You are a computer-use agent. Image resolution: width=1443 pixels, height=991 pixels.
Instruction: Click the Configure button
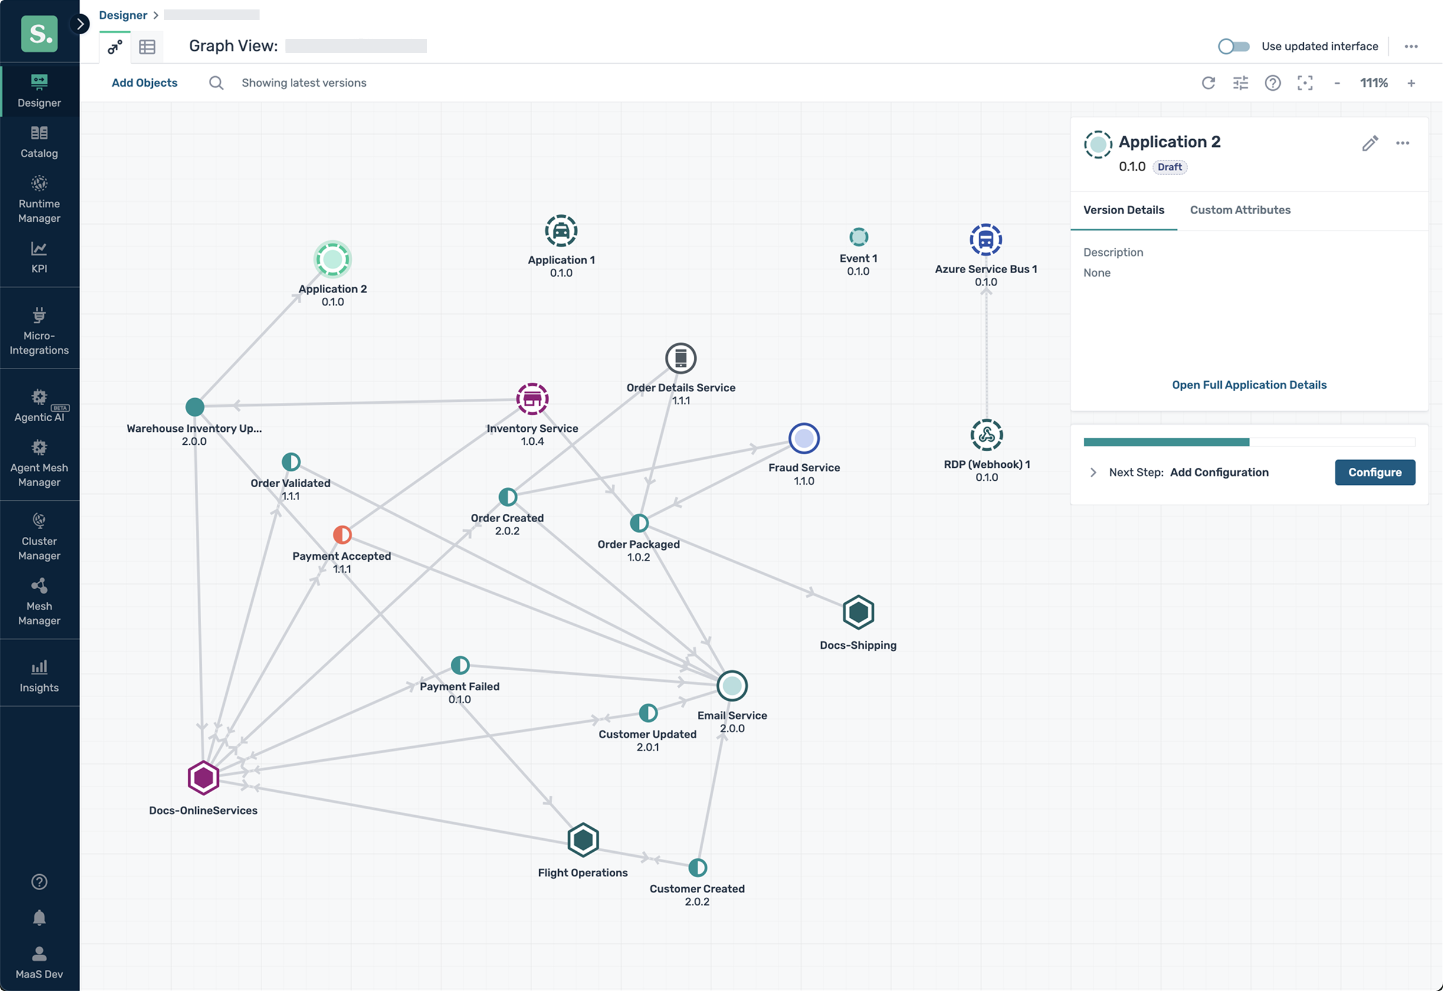coord(1374,472)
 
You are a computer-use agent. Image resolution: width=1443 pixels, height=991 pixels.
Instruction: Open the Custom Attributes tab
coord(1240,210)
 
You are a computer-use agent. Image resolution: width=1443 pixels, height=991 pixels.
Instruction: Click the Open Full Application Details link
coord(1249,385)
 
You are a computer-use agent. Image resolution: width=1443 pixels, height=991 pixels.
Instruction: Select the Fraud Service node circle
coord(804,438)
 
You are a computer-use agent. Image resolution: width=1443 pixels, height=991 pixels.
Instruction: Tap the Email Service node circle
coord(732,685)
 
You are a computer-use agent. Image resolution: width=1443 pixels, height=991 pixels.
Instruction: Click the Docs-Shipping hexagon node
coord(858,612)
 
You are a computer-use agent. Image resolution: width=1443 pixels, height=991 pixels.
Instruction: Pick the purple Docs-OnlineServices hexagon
coord(203,777)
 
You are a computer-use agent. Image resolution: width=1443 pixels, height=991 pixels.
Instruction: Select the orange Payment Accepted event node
coord(342,534)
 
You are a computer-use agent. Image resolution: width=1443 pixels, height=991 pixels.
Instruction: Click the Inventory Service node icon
coord(532,399)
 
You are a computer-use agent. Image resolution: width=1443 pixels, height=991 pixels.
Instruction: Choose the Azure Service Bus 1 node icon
coord(985,239)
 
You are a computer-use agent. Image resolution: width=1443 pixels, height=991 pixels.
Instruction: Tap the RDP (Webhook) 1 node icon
coord(986,435)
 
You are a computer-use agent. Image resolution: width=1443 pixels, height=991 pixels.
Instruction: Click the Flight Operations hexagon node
coord(582,839)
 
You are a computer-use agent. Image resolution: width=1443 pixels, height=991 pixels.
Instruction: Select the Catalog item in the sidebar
coord(39,142)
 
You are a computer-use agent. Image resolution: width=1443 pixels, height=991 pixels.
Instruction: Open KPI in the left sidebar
coord(39,257)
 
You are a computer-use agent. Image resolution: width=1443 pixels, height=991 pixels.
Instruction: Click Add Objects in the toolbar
coord(144,83)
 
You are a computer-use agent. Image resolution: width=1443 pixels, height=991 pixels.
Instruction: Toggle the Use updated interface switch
coord(1233,47)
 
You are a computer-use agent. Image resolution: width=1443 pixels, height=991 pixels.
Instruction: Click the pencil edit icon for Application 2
coord(1370,143)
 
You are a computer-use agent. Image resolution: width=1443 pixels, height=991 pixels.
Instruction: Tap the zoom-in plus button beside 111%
coord(1411,83)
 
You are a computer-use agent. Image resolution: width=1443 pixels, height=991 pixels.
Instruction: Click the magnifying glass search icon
coord(215,83)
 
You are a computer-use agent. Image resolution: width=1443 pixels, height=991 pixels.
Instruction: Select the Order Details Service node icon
coord(681,358)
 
